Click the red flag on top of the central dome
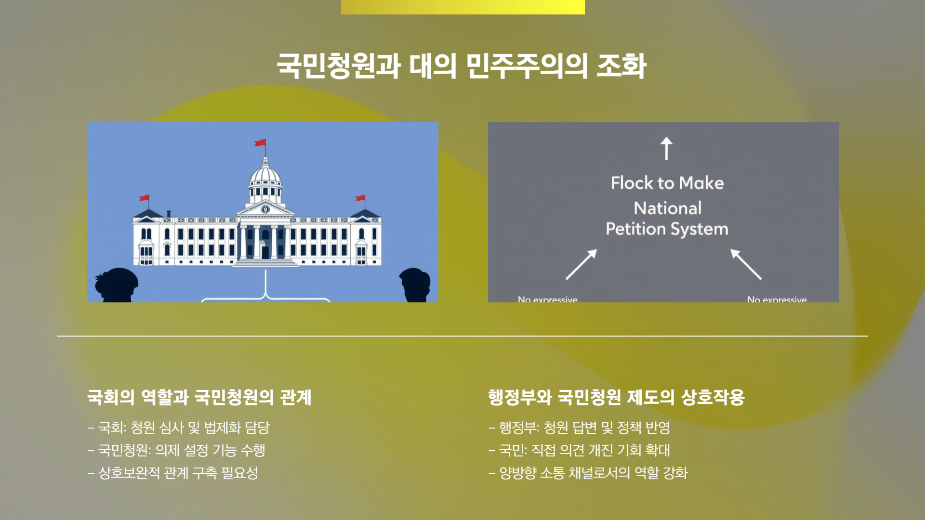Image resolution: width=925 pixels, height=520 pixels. [260, 143]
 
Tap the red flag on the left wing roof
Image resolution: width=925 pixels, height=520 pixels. [145, 197]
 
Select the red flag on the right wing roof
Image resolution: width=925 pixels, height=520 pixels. [360, 197]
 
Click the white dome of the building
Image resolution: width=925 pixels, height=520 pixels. [265, 176]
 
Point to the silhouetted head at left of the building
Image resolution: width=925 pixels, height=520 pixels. [117, 284]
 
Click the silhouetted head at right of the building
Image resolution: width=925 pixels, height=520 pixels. [415, 284]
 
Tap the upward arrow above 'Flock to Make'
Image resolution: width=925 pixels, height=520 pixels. [666, 148]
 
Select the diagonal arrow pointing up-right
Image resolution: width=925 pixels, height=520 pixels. [581, 264]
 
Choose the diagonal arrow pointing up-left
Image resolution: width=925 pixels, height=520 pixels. [745, 264]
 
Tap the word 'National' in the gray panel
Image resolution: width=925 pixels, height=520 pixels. [667, 208]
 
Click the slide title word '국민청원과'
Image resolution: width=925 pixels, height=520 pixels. [338, 66]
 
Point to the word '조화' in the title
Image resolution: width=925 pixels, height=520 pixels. [621, 66]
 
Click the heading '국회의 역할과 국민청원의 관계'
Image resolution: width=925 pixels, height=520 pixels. [199, 397]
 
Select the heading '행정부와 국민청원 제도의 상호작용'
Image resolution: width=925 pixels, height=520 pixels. [616, 397]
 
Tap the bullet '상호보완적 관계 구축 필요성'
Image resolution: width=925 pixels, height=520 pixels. [178, 473]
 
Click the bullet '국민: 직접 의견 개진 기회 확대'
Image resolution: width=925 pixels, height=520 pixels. [584, 450]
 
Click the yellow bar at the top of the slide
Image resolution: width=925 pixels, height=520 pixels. [462, 7]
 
